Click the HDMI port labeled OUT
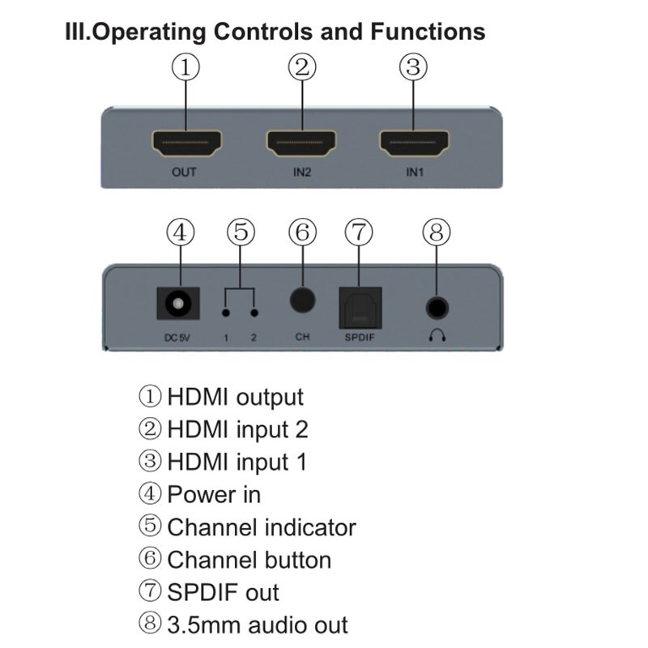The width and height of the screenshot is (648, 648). point(185,143)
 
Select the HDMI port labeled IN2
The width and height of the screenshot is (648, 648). point(301,143)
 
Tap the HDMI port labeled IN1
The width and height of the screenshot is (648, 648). point(413,143)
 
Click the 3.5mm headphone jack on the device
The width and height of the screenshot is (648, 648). point(437,307)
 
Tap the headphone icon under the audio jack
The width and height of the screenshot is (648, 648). point(437,335)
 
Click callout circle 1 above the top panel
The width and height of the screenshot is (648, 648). point(185,67)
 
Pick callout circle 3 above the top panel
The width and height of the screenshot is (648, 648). point(413,67)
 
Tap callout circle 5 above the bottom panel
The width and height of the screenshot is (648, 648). point(240,232)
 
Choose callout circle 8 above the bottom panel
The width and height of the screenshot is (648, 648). point(437,232)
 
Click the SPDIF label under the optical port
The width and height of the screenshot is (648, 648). point(360,336)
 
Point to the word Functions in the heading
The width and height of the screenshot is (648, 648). point(428,32)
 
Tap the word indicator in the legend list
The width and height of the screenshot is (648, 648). point(311,527)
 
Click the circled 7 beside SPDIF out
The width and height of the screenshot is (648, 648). point(151,592)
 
